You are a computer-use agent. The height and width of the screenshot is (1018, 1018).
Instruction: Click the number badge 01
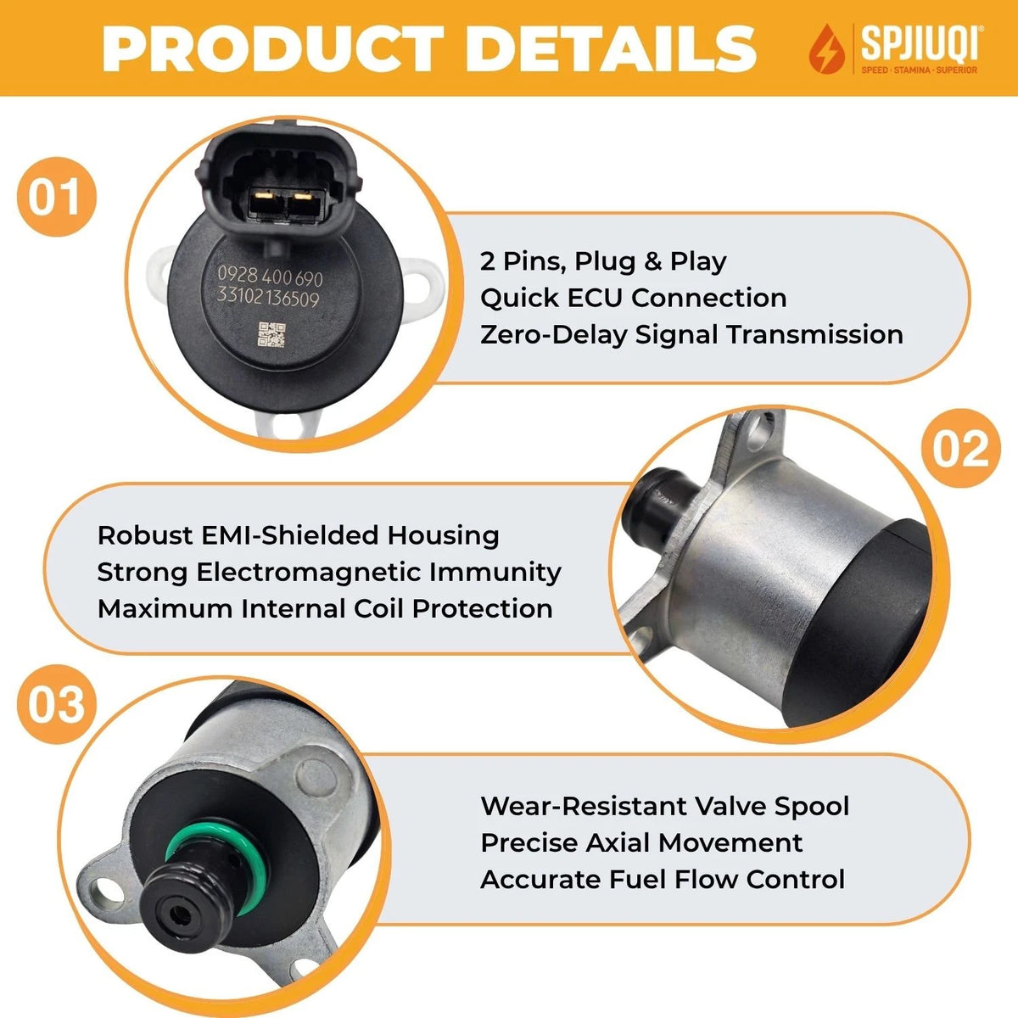tap(57, 197)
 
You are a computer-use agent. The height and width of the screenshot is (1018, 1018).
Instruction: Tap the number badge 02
tap(960, 449)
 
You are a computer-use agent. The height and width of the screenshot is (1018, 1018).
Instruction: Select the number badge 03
tap(57, 705)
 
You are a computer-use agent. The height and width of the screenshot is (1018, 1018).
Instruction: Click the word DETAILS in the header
tap(611, 48)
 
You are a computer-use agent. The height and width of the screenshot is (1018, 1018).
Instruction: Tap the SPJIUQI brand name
tap(920, 44)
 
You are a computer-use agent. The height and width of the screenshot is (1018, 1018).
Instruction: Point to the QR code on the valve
tap(271, 335)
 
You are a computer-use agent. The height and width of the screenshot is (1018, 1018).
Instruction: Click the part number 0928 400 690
tap(270, 277)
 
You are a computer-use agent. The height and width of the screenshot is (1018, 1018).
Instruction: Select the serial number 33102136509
tap(268, 299)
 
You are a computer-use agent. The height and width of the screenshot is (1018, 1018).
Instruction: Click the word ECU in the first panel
tap(595, 298)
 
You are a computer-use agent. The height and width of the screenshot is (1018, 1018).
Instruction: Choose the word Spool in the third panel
tap(812, 807)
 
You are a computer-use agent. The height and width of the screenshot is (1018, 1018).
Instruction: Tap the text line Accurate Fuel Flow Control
tap(663, 880)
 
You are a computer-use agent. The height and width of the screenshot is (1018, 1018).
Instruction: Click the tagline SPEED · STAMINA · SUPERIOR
tap(920, 70)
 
